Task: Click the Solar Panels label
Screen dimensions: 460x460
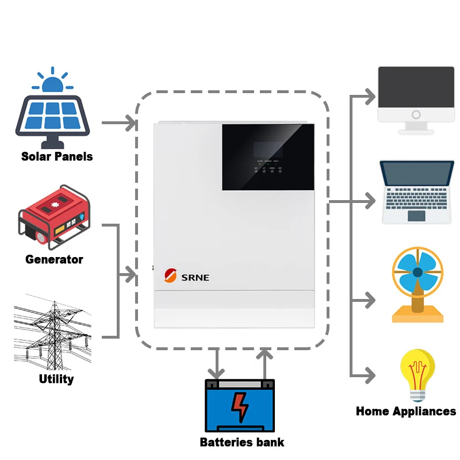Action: (57, 156)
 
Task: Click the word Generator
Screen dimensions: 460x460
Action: (54, 259)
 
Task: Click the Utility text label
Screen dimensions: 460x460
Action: (56, 379)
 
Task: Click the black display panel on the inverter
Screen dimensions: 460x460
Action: (268, 156)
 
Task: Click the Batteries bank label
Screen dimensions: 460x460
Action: (241, 442)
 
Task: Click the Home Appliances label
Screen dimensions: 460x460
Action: (405, 411)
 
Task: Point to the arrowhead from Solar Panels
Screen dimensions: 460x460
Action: (131, 122)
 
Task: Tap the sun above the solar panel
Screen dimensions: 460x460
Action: (52, 83)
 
